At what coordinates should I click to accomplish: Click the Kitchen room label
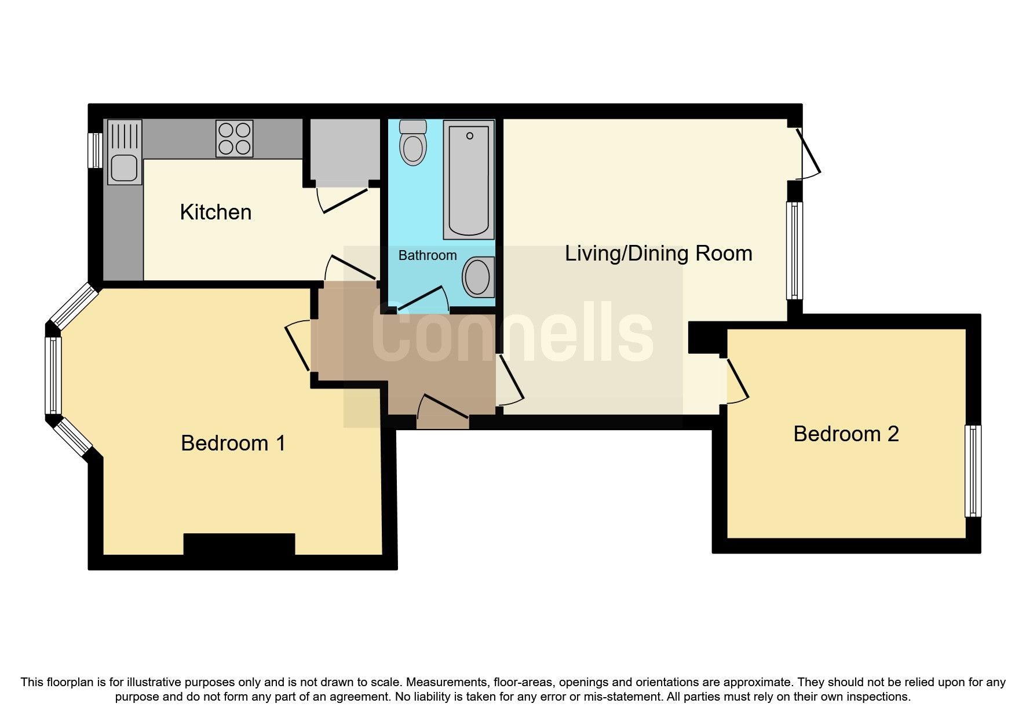click(216, 213)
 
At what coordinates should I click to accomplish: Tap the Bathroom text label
click(428, 255)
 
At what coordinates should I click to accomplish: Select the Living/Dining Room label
click(658, 254)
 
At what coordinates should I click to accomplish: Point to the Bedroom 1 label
click(233, 443)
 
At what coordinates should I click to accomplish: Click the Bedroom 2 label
click(846, 434)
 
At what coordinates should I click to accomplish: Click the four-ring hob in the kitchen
click(235, 138)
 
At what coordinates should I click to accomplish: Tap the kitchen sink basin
click(124, 168)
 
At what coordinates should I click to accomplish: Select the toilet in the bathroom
click(413, 142)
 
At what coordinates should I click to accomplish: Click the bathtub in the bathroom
click(469, 179)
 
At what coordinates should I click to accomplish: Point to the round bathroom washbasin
click(478, 277)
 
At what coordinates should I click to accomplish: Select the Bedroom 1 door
click(298, 347)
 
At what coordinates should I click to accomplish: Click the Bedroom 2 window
click(973, 471)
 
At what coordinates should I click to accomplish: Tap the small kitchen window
click(95, 151)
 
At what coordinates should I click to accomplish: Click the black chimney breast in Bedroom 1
click(239, 544)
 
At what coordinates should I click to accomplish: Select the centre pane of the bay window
click(54, 376)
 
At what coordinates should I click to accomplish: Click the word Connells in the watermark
click(513, 333)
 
